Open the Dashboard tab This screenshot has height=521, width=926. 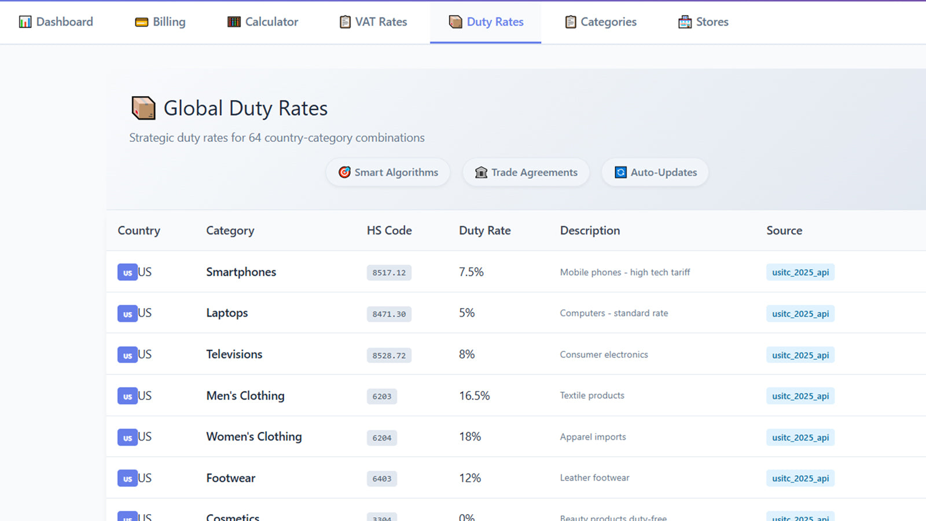pos(56,22)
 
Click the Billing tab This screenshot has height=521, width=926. pos(160,22)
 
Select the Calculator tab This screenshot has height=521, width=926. pos(263,22)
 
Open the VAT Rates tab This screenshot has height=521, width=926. pos(373,22)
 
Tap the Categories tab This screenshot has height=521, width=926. pos(601,22)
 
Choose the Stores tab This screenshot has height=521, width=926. pos(703,22)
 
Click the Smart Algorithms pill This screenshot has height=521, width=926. pos(388,173)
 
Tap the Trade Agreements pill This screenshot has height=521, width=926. pos(526,173)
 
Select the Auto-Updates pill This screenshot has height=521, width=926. pos(655,173)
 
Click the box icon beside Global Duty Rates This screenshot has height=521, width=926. pos(144,108)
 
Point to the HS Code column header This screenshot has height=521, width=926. pos(389,230)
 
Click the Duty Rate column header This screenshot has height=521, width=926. pos(484,230)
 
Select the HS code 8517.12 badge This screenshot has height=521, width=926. pos(389,273)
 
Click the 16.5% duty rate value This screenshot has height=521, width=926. pos(474,396)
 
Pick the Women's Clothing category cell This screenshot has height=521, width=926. pos(253,437)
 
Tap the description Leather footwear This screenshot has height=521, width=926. pos(594,478)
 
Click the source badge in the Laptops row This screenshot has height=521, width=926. pos(800,314)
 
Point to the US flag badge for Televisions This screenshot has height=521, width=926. pos(127,355)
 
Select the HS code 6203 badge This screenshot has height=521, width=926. pos(381,397)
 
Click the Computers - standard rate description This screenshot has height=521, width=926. pos(613,313)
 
